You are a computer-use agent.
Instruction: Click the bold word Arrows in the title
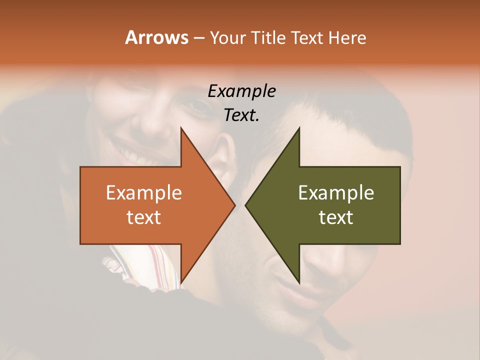click(x=156, y=37)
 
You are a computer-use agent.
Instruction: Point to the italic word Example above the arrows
click(x=241, y=91)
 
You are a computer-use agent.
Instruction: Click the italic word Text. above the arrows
click(x=241, y=115)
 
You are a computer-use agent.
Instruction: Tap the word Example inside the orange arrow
click(x=144, y=192)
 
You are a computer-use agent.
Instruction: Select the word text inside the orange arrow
click(x=144, y=217)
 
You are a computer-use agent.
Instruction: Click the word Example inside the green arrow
click(x=336, y=192)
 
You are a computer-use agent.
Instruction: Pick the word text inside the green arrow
click(x=336, y=217)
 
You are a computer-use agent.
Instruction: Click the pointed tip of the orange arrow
click(x=234, y=205)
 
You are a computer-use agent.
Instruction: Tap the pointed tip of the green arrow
click(x=246, y=205)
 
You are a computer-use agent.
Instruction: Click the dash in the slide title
click(x=198, y=38)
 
